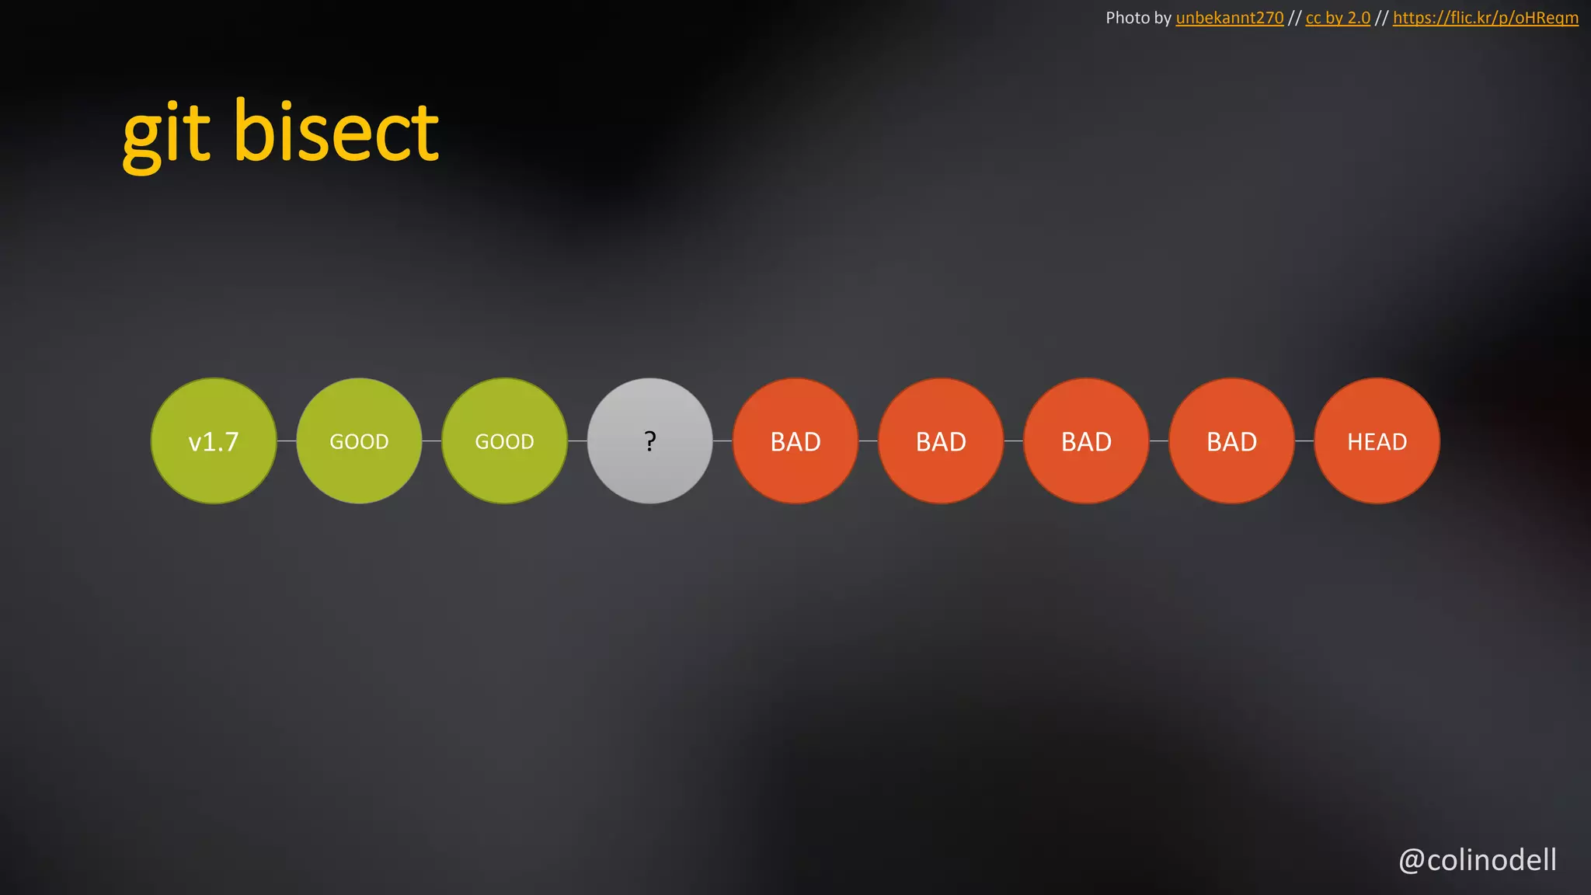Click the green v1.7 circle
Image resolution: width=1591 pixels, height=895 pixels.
(x=214, y=441)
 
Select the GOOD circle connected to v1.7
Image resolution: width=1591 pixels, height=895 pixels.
(x=359, y=441)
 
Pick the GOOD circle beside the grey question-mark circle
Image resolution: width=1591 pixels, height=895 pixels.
(x=504, y=441)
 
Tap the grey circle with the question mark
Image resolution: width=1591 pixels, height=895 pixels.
(x=649, y=441)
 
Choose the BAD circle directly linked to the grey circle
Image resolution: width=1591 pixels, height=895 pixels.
(x=795, y=441)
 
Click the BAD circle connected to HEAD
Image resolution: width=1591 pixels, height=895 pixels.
(x=1231, y=441)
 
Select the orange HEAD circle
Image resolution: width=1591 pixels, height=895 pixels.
(x=1377, y=441)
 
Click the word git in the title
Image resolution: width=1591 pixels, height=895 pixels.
(x=166, y=134)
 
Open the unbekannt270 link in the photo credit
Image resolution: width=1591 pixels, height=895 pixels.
(x=1229, y=18)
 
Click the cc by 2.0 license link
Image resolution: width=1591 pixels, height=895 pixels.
(x=1338, y=18)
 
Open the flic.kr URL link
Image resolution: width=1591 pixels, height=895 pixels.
(x=1485, y=18)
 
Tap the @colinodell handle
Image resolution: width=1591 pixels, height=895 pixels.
(x=1478, y=860)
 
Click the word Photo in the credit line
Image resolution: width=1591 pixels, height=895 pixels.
(x=1127, y=18)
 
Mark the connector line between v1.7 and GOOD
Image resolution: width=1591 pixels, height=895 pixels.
(x=287, y=441)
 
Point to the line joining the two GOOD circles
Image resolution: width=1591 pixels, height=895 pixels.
(x=432, y=441)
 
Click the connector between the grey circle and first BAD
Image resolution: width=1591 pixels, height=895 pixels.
(x=722, y=441)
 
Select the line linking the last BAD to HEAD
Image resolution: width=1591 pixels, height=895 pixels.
(x=1304, y=441)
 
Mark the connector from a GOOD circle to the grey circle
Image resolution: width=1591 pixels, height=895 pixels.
(x=577, y=441)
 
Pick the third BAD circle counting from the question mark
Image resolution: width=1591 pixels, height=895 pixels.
(x=1086, y=441)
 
